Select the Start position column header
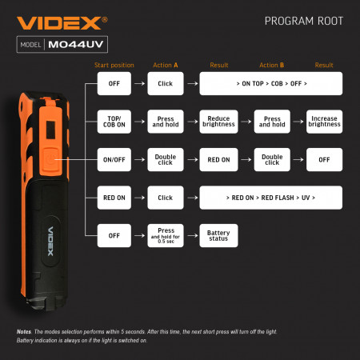tap(113, 65)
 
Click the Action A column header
tap(165, 65)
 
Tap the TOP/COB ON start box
tap(113, 121)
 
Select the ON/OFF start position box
tap(113, 159)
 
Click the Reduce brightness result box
tap(218, 121)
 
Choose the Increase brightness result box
tap(324, 121)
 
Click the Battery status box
tap(218, 234)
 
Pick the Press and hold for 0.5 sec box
tap(166, 234)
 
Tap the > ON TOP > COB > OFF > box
tap(270, 83)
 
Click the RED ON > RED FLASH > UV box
tap(270, 197)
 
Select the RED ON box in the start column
tap(113, 197)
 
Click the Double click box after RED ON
tap(272, 159)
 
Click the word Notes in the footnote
tap(23, 331)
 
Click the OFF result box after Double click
tap(324, 159)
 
